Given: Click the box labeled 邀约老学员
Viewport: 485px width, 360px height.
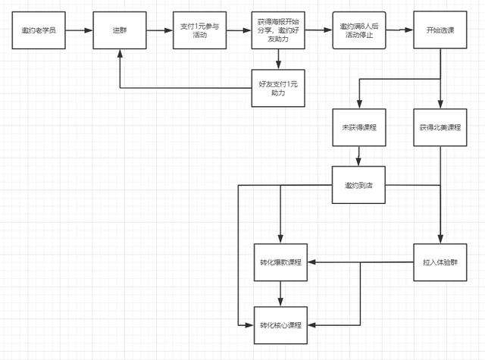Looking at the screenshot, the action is point(39,30).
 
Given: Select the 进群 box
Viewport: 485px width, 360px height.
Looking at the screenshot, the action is point(120,30).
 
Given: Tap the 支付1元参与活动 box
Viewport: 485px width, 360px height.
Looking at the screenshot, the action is point(199,30).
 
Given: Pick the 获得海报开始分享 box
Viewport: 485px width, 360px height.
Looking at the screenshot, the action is point(278,30).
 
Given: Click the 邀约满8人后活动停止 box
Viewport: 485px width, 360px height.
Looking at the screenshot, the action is point(359,30).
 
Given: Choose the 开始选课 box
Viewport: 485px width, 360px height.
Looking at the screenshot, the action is point(440,30).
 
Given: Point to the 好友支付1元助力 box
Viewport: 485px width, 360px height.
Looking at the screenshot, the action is point(278,88).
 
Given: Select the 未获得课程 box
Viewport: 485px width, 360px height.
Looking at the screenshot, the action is point(359,127).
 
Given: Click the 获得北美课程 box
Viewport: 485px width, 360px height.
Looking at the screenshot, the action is point(440,127).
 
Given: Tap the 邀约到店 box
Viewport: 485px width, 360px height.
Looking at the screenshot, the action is point(358,185).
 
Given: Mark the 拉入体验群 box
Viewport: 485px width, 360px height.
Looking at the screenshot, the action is point(440,262).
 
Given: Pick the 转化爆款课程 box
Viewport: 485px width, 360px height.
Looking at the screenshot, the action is point(280,262).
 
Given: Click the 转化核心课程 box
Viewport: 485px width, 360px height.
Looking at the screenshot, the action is point(280,325).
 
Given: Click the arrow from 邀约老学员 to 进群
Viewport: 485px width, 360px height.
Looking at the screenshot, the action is point(79,30).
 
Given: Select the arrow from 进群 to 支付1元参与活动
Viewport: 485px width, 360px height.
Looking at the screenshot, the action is point(160,30).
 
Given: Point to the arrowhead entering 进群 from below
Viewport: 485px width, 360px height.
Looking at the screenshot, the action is point(120,53).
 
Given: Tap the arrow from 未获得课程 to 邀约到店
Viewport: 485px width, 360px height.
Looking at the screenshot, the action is point(358,156).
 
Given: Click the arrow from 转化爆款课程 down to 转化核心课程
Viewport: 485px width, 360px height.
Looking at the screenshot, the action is point(280,294).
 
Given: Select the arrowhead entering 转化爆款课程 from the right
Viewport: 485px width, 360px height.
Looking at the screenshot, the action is point(311,262).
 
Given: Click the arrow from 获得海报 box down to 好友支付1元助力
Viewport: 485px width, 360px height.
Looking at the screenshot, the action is point(278,59).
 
